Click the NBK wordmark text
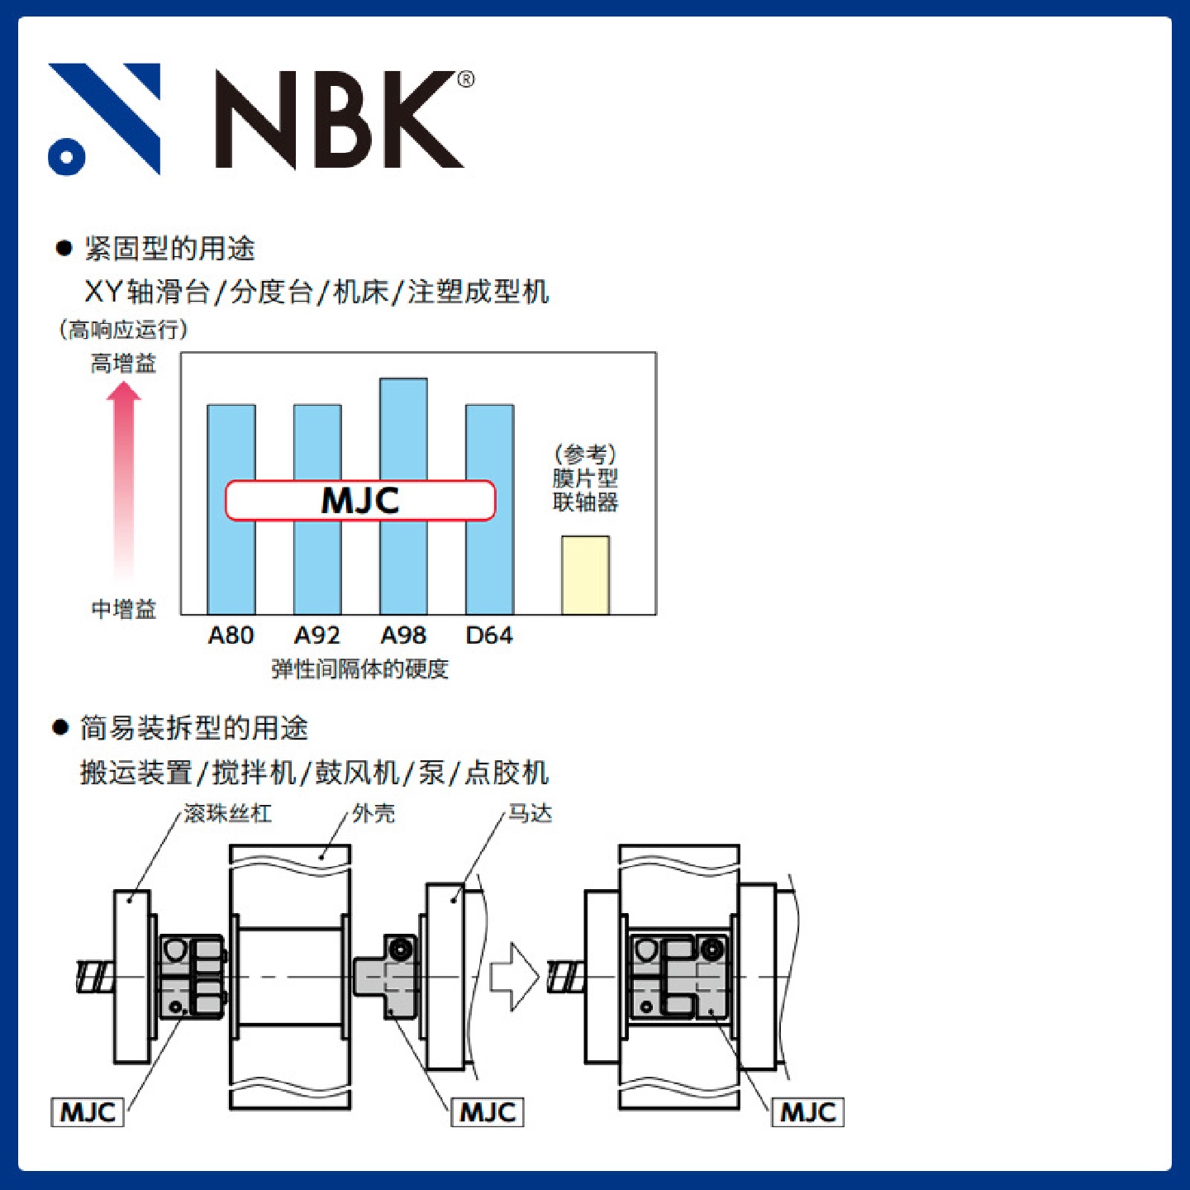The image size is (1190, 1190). click(x=340, y=121)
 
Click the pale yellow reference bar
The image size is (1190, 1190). click(x=585, y=574)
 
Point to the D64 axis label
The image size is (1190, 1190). click(x=489, y=635)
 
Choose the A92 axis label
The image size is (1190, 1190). click(x=317, y=635)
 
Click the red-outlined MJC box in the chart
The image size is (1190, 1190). click(x=360, y=501)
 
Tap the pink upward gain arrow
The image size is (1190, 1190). click(x=124, y=479)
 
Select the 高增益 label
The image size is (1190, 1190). click(x=123, y=364)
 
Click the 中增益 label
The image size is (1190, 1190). click(x=123, y=610)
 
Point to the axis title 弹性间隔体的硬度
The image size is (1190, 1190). click(x=360, y=669)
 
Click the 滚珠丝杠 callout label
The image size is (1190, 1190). click(x=227, y=814)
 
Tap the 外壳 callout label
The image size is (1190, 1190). click(x=374, y=814)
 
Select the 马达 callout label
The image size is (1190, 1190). click(x=530, y=814)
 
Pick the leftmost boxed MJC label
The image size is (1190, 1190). click(x=88, y=1112)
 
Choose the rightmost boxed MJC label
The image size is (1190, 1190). click(x=808, y=1112)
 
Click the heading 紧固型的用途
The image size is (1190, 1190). click(x=169, y=248)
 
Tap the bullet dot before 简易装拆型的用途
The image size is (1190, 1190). click(x=60, y=727)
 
